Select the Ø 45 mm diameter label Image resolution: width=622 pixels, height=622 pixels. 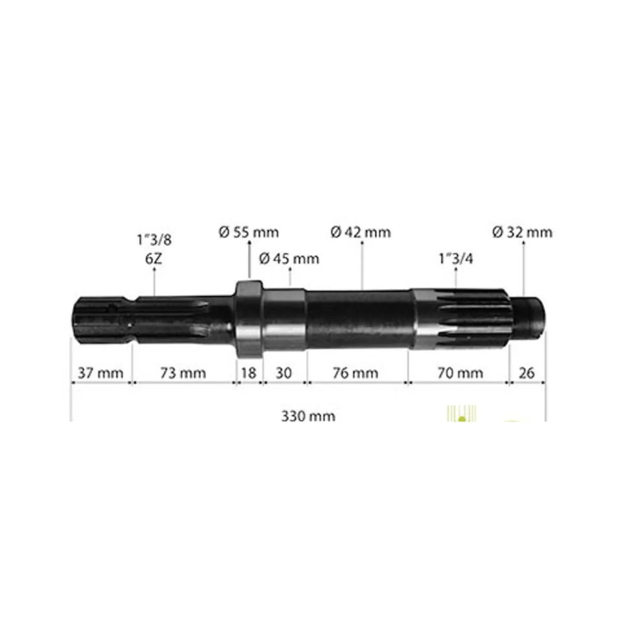coord(289,258)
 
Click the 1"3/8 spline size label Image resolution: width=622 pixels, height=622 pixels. coord(154,240)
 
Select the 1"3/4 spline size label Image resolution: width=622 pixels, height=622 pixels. coord(455,258)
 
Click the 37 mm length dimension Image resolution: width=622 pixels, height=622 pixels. coord(100,373)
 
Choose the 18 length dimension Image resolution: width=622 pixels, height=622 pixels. coord(249,373)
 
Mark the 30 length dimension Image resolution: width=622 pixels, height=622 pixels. coord(284,373)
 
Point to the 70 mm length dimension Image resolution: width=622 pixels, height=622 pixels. coord(459,373)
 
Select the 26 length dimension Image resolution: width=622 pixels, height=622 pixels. coord(526,373)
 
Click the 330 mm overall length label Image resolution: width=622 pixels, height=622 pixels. coord(308,416)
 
